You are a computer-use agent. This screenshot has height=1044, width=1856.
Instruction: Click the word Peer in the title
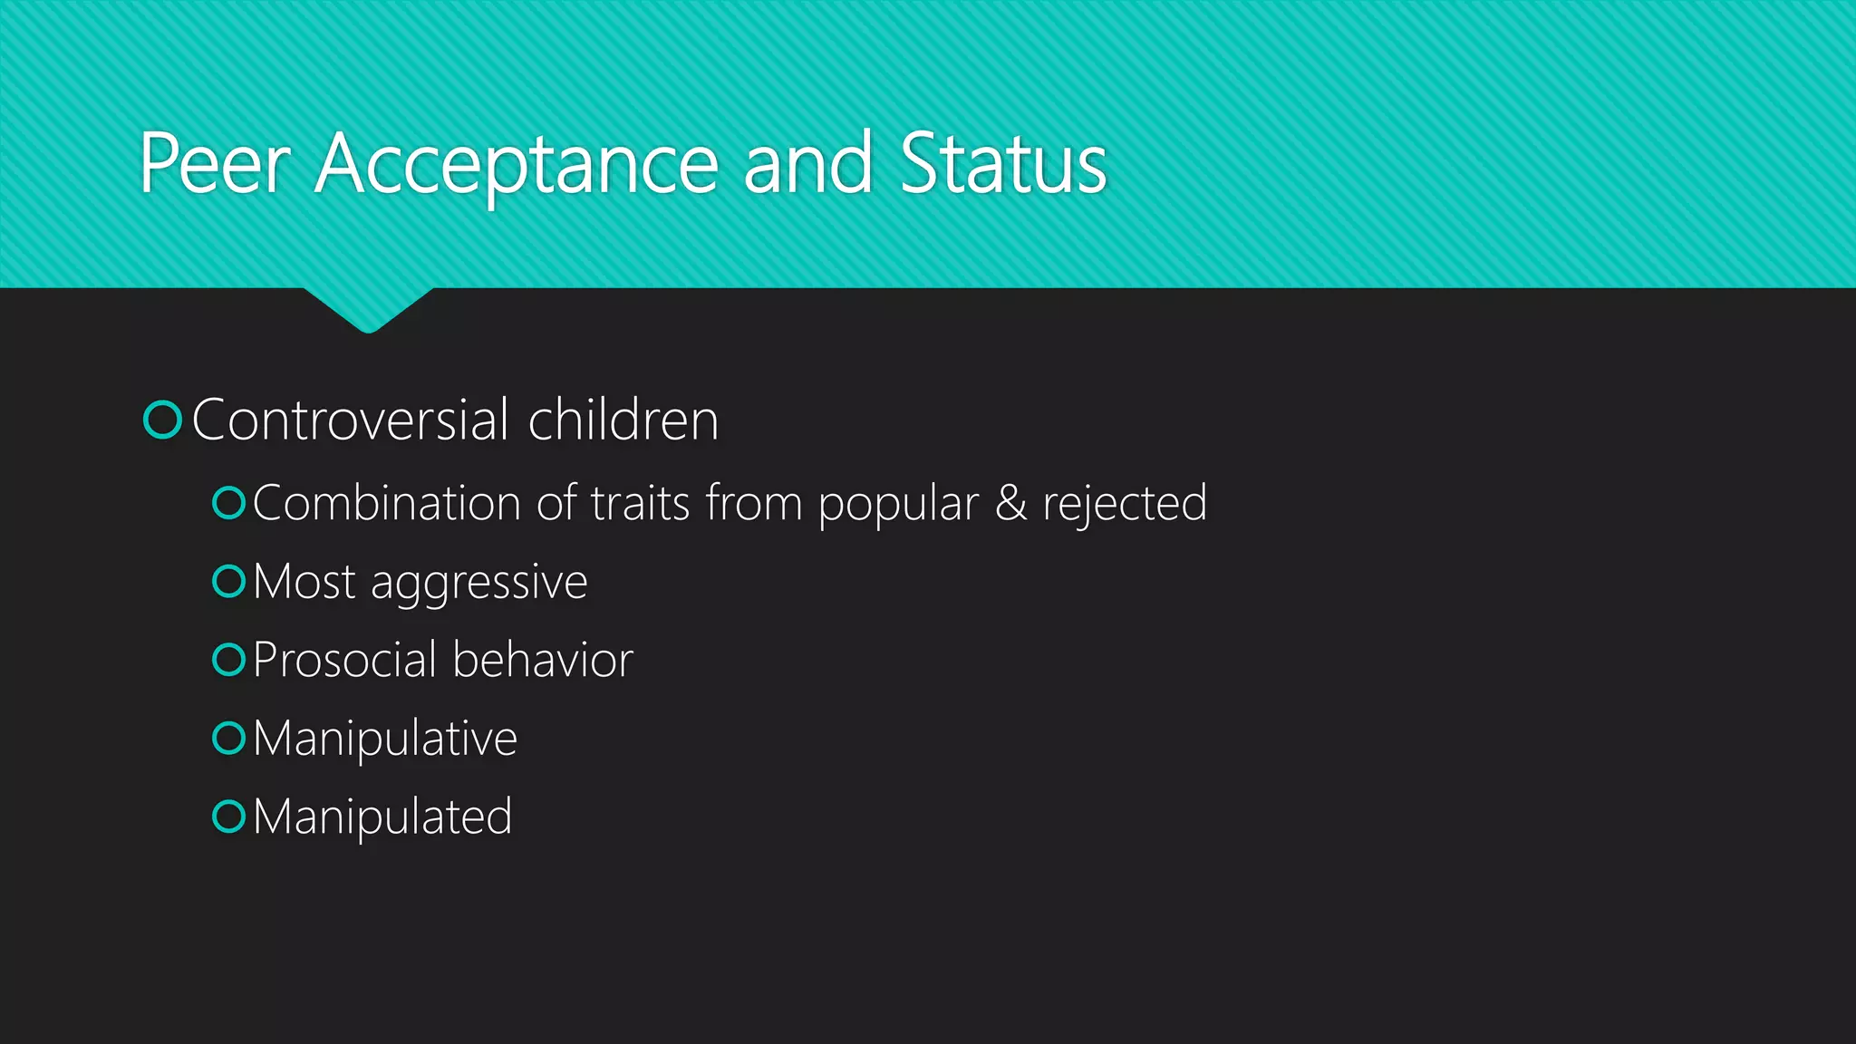point(215,164)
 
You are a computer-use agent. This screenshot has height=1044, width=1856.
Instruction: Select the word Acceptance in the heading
point(517,164)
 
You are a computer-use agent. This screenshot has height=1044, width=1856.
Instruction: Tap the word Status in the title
point(1003,164)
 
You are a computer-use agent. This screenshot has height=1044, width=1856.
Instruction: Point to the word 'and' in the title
point(808,164)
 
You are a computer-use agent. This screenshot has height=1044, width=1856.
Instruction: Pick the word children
point(623,420)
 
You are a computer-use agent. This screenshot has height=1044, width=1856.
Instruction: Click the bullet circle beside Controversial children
point(163,420)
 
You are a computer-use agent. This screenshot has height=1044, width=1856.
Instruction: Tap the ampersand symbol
point(1010,503)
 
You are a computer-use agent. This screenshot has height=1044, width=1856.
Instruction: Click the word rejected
point(1125,505)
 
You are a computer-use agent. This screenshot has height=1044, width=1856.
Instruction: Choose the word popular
point(898,505)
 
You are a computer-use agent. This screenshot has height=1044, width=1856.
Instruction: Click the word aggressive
point(479,583)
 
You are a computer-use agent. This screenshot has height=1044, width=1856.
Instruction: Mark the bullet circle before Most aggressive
point(229,582)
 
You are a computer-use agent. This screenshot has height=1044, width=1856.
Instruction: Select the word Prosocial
point(344,660)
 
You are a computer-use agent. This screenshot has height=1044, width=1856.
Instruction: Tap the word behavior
point(543,660)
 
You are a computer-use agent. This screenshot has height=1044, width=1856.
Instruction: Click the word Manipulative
point(385,739)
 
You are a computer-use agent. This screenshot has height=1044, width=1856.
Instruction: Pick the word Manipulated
point(382,817)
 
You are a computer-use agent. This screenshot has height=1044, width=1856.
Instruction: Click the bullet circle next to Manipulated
point(229,817)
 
